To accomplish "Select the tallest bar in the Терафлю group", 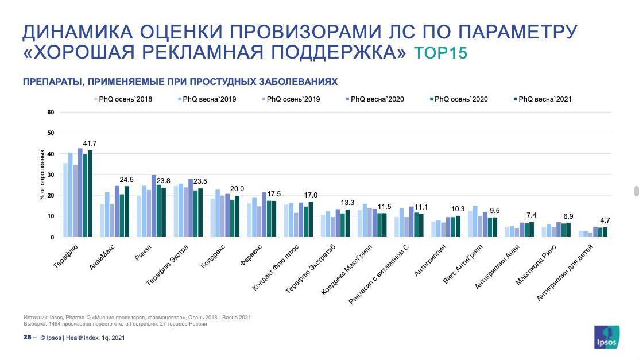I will pos(80,193).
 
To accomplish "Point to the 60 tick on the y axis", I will pos(50,112).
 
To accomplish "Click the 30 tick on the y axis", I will pos(50,175).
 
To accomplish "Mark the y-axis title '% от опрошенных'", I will pos(42,175).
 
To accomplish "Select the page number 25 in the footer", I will pos(27,338).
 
